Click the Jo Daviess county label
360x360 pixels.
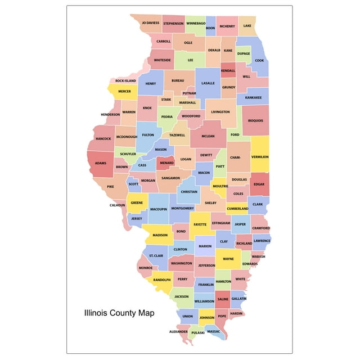(x=150, y=24)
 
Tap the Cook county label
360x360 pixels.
(x=259, y=61)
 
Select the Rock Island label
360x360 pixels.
(x=126, y=81)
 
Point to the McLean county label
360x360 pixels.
(x=208, y=136)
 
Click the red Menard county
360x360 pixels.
(x=166, y=163)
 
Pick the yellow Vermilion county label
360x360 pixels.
(x=260, y=157)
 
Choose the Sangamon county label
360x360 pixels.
(x=171, y=178)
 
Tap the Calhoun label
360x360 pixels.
(x=118, y=205)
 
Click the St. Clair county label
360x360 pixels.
(x=156, y=256)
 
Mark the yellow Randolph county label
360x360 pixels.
(x=162, y=280)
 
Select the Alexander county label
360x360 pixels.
(x=178, y=332)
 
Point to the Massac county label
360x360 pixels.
(x=214, y=332)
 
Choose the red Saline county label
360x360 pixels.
(x=223, y=299)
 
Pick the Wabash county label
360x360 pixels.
(x=259, y=256)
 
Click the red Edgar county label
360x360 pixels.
(x=259, y=184)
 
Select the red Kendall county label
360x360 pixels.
(x=228, y=71)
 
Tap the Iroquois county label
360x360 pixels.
(x=255, y=120)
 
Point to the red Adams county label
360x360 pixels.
(x=101, y=163)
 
